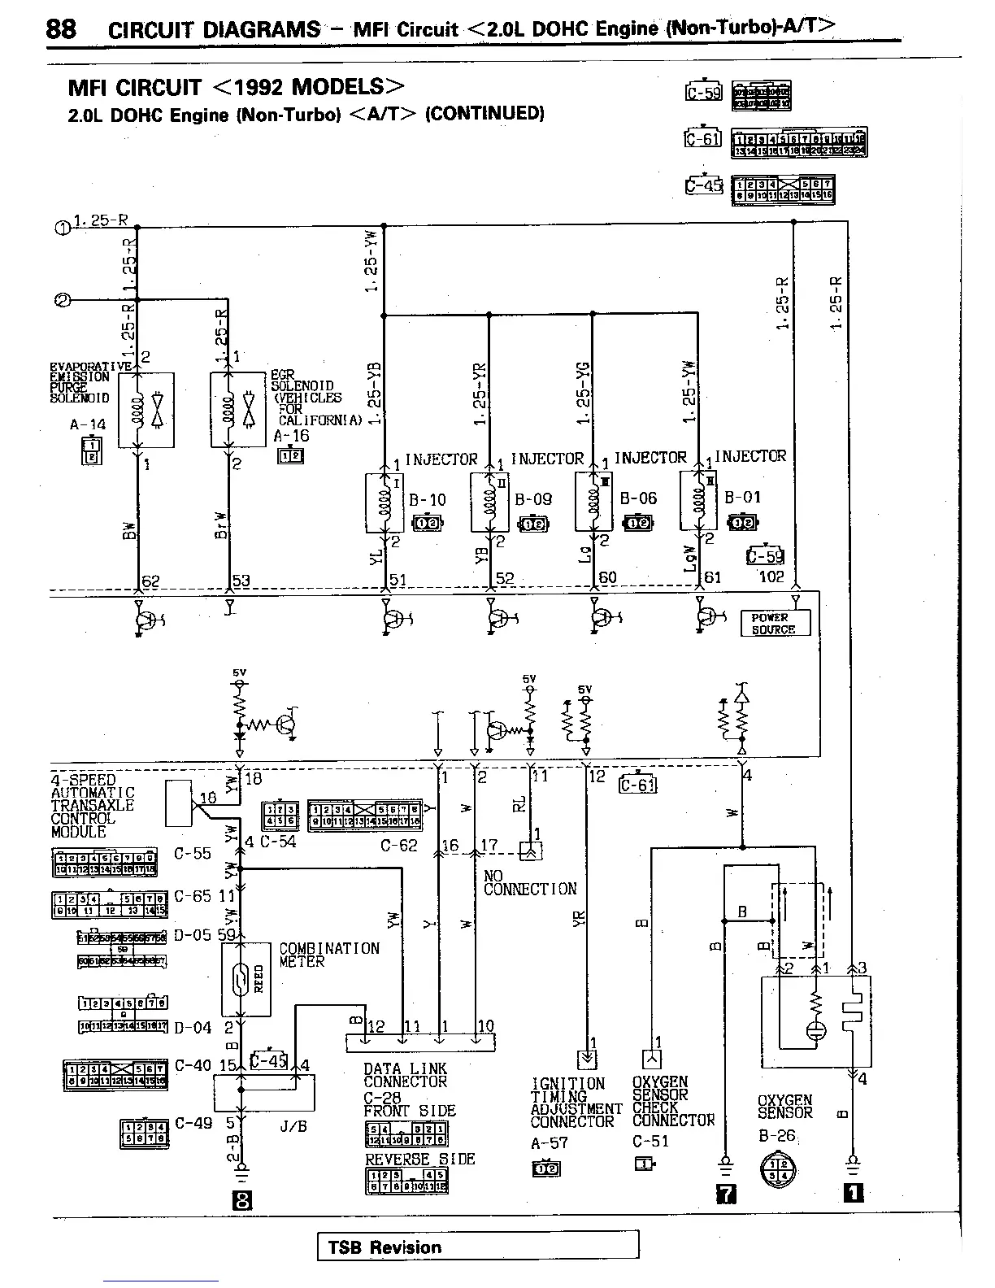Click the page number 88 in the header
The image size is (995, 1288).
(x=61, y=28)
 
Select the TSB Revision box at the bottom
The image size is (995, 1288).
(x=477, y=1247)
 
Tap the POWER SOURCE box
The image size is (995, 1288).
(x=775, y=624)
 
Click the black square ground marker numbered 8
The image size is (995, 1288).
(x=241, y=1200)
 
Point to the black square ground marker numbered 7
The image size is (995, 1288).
(x=725, y=1193)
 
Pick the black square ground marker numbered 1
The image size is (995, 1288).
(x=853, y=1193)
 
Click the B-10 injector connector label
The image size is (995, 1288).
(x=428, y=499)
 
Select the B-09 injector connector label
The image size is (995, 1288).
(x=533, y=499)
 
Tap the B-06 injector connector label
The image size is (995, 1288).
(x=638, y=498)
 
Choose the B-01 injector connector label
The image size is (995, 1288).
(x=743, y=497)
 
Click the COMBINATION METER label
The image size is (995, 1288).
(x=328, y=955)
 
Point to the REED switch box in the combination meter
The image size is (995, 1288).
(x=245, y=979)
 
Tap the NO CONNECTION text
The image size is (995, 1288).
(x=529, y=882)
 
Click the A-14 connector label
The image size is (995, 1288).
(x=88, y=424)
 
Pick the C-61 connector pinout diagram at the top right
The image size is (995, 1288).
(x=799, y=141)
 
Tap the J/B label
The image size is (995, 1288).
(x=293, y=1126)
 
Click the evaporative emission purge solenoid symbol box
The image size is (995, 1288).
(x=146, y=410)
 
